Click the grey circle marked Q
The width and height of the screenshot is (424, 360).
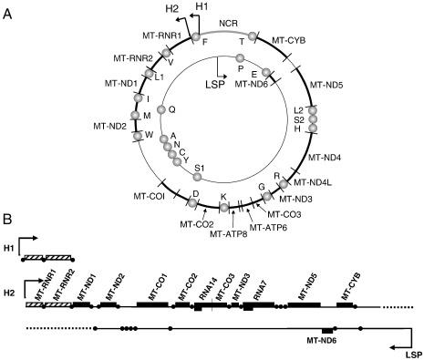click(x=162, y=110)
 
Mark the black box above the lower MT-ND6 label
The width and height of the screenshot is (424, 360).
click(x=328, y=329)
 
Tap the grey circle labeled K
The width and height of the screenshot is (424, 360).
click(x=224, y=207)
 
